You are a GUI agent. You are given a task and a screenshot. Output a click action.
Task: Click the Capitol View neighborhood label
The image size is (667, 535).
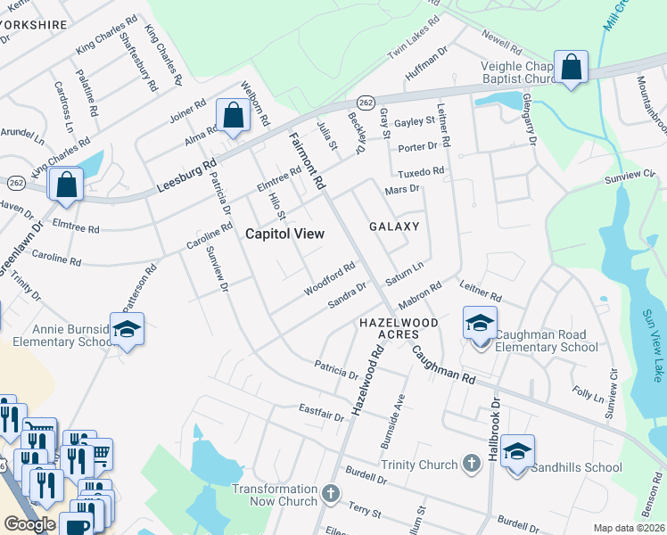click(284, 234)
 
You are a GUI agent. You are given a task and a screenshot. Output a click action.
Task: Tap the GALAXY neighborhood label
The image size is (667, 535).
click(394, 226)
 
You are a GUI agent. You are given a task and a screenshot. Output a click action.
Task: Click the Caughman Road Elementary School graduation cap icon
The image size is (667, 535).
click(480, 322)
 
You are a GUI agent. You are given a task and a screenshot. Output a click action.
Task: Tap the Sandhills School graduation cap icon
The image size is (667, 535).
click(516, 449)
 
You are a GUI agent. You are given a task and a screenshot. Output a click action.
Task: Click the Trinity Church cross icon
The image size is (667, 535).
click(471, 464)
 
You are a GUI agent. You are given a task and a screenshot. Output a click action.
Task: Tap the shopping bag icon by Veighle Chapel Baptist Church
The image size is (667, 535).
click(571, 66)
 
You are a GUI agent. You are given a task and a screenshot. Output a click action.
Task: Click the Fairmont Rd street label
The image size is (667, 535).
click(307, 160)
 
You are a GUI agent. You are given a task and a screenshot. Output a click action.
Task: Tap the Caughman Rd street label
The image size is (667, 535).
click(442, 365)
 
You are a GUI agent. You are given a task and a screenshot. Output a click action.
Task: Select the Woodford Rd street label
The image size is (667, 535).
click(329, 277)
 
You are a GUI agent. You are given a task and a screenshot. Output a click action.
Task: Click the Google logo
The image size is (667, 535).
click(29, 524)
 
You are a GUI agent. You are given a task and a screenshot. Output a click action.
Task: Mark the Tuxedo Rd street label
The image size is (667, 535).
click(420, 170)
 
